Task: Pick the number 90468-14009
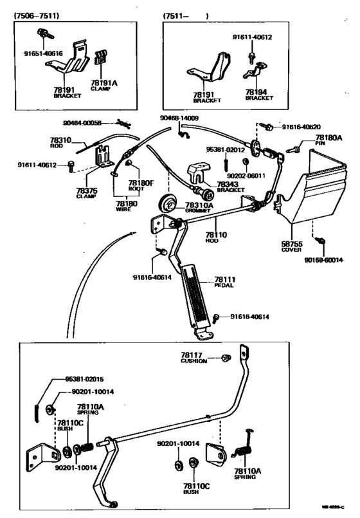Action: tap(179, 118)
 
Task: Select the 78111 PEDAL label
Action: tap(216, 281)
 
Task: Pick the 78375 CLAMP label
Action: tap(87, 193)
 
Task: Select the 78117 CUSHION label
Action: tap(194, 358)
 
